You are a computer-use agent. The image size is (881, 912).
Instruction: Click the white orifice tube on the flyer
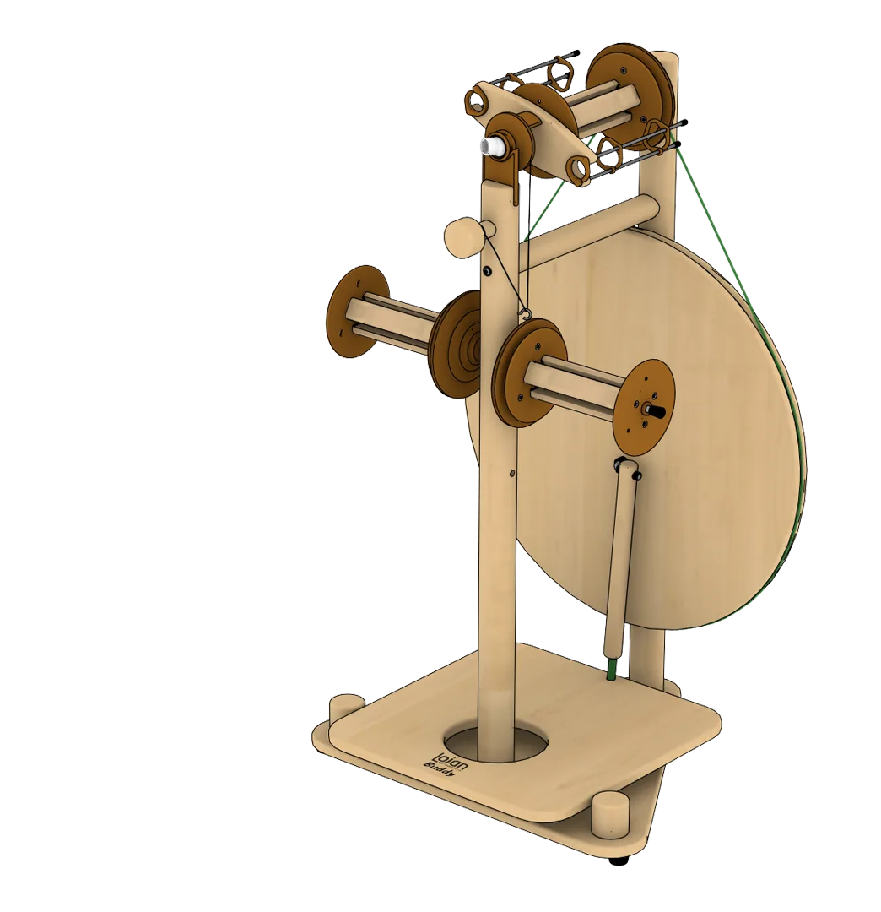tap(489, 147)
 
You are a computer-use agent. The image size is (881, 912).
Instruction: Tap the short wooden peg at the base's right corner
tap(610, 813)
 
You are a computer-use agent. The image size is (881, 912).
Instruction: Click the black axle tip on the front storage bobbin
tap(656, 410)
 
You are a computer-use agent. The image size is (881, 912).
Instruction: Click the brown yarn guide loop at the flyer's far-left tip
tap(474, 102)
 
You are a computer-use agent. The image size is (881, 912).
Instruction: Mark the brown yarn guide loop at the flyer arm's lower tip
tap(578, 171)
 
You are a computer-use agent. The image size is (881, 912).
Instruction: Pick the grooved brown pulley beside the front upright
tap(457, 344)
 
